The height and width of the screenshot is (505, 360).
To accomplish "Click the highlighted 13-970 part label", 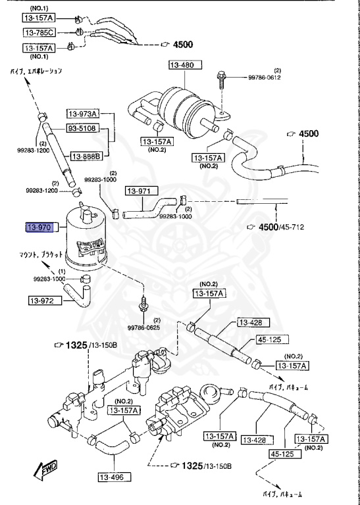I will (x=38, y=228).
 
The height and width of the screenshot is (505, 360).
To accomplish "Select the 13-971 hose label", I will (x=140, y=191).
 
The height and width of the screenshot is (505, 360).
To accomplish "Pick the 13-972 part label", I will (x=45, y=301).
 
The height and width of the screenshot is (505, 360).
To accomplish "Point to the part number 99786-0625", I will (x=144, y=327).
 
